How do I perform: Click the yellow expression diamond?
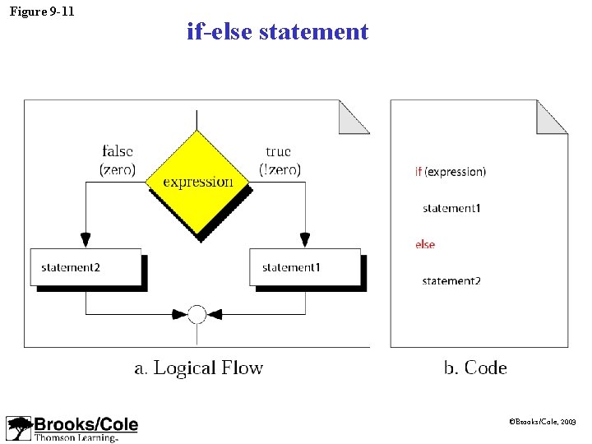pos(197,182)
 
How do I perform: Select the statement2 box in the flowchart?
pos(86,267)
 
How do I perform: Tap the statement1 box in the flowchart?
pos(305,267)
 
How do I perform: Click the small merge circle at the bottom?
pos(197,313)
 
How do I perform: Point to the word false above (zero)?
pos(118,151)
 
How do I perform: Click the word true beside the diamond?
pos(279,151)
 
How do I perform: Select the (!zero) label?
pos(280,170)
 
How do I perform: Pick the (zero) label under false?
pos(118,170)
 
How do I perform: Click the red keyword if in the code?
pos(419,172)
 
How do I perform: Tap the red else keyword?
pos(425,244)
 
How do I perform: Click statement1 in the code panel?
pos(451,208)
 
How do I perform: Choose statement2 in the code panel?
pos(451,281)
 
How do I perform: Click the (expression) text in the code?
pos(456,172)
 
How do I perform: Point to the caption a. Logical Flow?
pos(198,368)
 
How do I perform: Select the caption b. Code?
pos(475,368)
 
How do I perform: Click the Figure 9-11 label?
pos(41,12)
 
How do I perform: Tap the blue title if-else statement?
pos(278,32)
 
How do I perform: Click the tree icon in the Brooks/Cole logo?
pos(19,428)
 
